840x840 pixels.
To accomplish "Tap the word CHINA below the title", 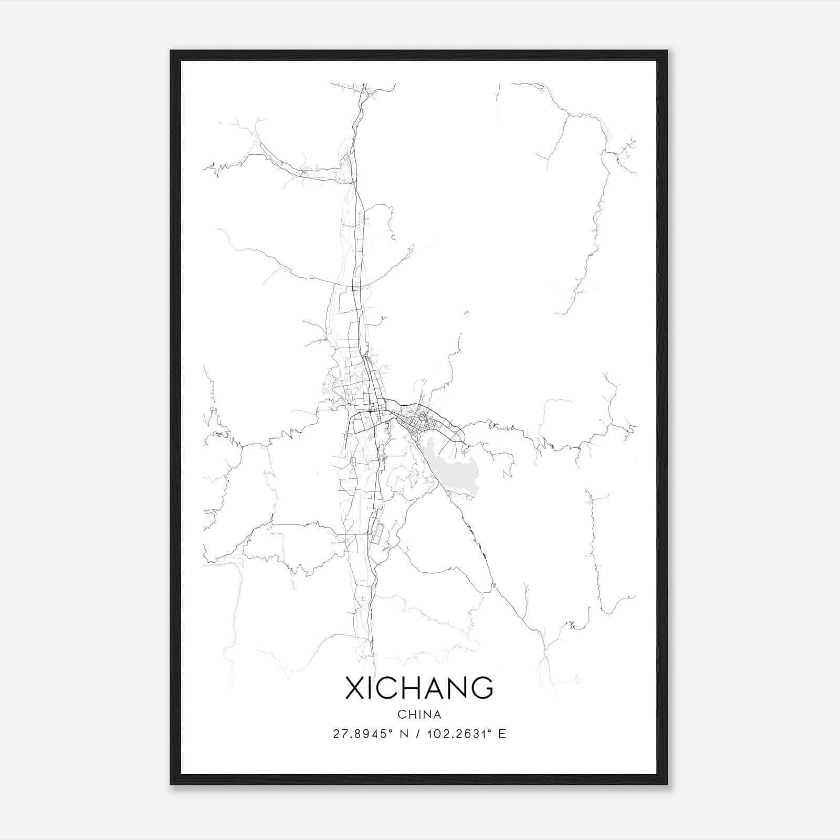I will [x=419, y=715].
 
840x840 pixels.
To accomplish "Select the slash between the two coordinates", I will [x=417, y=734].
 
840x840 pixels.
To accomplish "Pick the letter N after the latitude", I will [x=403, y=734].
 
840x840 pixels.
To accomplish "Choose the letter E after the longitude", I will [x=502, y=734].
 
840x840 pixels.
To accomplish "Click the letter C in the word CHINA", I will [x=401, y=715].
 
